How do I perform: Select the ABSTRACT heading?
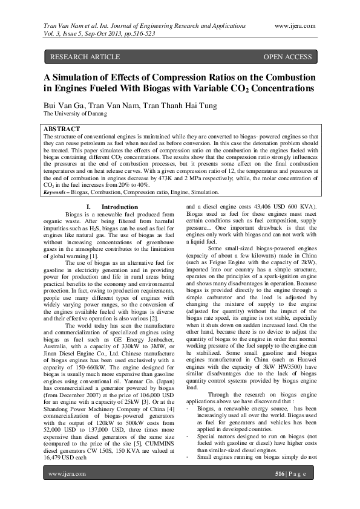pos(62,129)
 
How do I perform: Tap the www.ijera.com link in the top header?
pos(295,25)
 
